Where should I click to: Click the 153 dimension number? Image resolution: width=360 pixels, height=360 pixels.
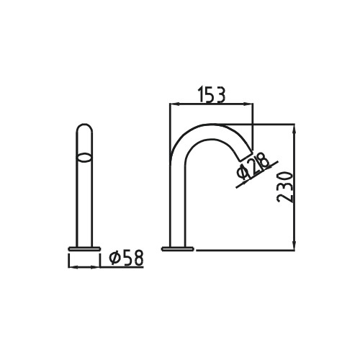(x=212, y=95)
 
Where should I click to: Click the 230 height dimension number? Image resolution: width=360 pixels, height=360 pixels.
(x=285, y=187)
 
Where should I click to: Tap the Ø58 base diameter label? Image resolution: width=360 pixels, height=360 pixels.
(x=126, y=257)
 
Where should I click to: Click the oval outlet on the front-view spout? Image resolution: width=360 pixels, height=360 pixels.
(x=84, y=158)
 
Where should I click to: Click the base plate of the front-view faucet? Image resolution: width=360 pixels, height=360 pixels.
(x=84, y=249)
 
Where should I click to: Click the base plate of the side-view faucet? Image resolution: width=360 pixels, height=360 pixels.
(x=178, y=249)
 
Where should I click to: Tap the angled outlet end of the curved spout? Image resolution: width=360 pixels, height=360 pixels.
(x=246, y=156)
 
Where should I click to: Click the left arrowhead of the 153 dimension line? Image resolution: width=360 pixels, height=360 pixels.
(x=174, y=104)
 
